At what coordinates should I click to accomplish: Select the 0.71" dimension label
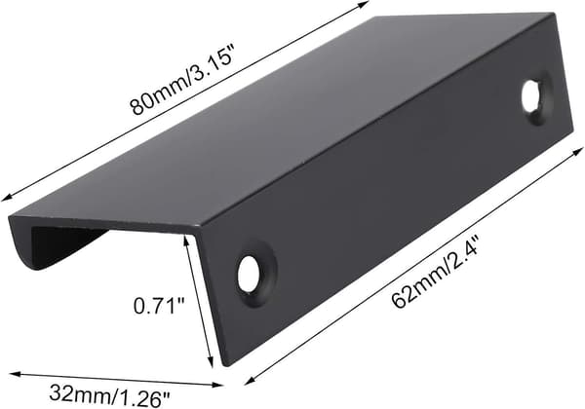pyautogui.click(x=160, y=306)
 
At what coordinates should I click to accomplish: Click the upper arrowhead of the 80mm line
pyautogui.click(x=363, y=5)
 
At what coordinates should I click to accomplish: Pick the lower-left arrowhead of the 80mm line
pyautogui.click(x=7, y=198)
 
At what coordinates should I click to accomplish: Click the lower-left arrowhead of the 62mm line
pyautogui.click(x=250, y=380)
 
